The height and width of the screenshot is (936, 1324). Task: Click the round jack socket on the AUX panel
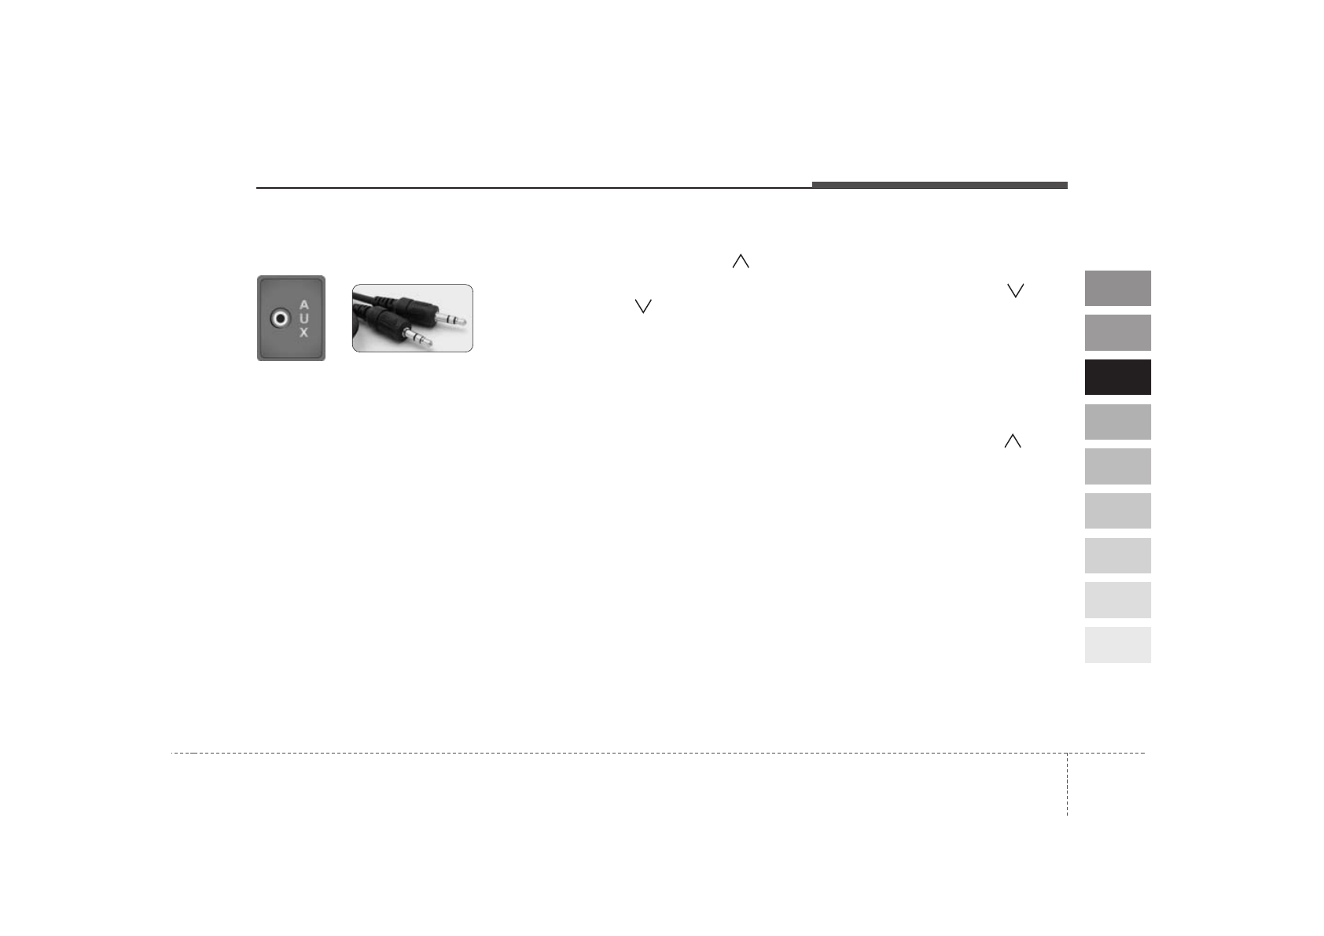click(x=280, y=319)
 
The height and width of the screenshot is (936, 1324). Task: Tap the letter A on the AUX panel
click(x=303, y=305)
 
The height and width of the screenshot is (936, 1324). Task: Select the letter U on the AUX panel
click(x=303, y=319)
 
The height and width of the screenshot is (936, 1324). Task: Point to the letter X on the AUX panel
click(x=303, y=332)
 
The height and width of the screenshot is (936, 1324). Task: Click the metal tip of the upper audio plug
click(x=451, y=320)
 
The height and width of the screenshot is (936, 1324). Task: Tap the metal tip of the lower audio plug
click(x=418, y=337)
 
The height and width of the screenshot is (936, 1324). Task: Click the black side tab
click(x=1118, y=378)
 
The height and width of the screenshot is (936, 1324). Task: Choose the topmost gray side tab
click(x=1118, y=288)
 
